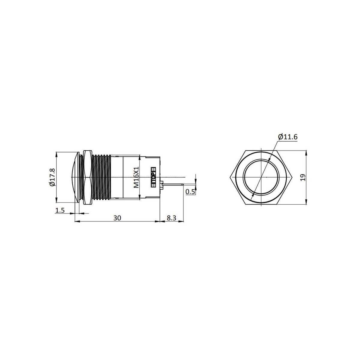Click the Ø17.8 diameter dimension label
pyautogui.click(x=52, y=177)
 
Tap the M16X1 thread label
pyautogui.click(x=136, y=177)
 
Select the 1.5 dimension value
pyautogui.click(x=60, y=211)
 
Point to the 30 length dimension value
pyautogui.click(x=117, y=218)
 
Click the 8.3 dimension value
pyautogui.click(x=172, y=218)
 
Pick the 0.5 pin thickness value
pyautogui.click(x=190, y=192)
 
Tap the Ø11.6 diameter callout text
pyautogui.click(x=287, y=137)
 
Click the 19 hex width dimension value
pyautogui.click(x=303, y=177)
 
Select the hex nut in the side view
pyautogui.click(x=87, y=177)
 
